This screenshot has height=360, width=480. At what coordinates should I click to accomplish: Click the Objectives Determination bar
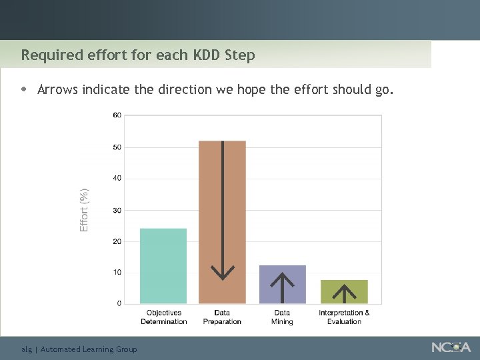[163, 266]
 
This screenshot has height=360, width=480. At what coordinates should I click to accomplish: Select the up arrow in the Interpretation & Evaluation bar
[344, 293]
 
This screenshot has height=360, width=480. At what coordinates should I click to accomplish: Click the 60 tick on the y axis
[117, 115]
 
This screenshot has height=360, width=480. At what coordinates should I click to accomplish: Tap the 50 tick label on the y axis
[117, 147]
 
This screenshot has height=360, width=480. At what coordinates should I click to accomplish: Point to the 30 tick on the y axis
[117, 210]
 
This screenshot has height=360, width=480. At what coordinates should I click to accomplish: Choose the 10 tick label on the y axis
[117, 272]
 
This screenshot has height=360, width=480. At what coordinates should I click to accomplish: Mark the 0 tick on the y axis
[119, 303]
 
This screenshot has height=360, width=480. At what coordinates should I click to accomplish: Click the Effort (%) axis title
[84, 209]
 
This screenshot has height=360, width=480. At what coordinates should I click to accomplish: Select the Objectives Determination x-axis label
[164, 317]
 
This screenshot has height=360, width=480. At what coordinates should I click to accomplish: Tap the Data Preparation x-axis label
[223, 317]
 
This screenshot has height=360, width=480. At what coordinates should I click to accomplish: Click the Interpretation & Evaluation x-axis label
[344, 317]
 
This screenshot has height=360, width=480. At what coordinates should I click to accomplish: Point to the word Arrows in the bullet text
[58, 89]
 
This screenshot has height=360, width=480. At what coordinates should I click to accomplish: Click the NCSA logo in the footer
[451, 347]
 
